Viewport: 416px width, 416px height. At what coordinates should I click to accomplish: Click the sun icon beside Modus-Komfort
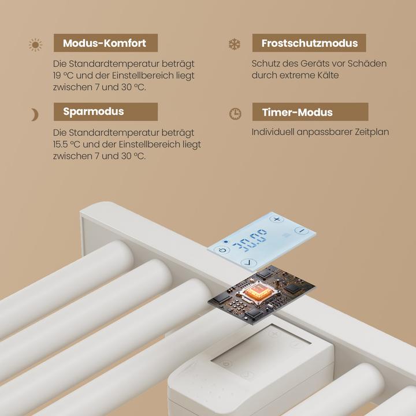click(35, 44)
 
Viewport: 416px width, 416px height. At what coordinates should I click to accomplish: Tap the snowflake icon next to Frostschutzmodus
click(235, 44)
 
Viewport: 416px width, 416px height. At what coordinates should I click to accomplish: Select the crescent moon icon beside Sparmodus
click(35, 114)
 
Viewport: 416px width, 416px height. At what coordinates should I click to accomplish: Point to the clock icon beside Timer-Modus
click(235, 114)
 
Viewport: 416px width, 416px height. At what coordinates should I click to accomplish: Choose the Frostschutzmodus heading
click(310, 43)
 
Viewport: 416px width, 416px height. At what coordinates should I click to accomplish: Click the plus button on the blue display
click(277, 219)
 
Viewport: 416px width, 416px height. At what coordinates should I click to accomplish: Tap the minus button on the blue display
click(302, 231)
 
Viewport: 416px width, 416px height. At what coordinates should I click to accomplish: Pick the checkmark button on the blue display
click(248, 263)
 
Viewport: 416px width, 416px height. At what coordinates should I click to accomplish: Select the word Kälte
click(328, 75)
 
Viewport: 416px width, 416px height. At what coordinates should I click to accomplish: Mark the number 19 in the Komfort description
click(57, 75)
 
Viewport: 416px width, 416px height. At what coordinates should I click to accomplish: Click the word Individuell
click(273, 132)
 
